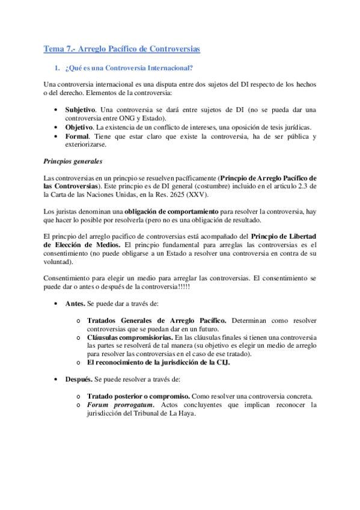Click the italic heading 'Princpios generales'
coord(73,161)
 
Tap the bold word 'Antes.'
coord(76,304)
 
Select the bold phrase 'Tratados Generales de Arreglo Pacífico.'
coord(157,321)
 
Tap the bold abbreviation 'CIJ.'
coord(222,363)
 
